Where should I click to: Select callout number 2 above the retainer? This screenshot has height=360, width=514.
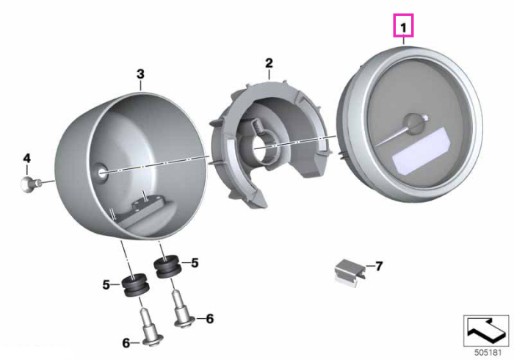[269, 62]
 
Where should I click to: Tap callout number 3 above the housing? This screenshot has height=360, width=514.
[141, 74]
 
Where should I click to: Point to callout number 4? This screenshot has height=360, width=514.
[27, 159]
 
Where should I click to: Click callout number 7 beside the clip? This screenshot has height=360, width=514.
[379, 266]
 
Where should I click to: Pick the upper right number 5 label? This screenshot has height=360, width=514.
[195, 262]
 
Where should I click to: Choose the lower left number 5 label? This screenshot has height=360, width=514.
[106, 284]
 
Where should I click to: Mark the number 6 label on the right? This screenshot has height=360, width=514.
[210, 318]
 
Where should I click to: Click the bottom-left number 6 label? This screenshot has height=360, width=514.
[126, 343]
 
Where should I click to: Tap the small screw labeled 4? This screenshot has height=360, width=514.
[31, 184]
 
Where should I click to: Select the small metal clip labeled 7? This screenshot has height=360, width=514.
[350, 273]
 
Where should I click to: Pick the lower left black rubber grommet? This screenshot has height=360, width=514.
[135, 284]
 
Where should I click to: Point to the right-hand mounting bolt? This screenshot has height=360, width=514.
[182, 309]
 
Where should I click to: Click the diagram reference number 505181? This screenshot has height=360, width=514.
[488, 353]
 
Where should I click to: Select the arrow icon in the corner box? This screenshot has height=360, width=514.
[486, 331]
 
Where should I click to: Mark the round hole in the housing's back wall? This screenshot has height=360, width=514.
[102, 171]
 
